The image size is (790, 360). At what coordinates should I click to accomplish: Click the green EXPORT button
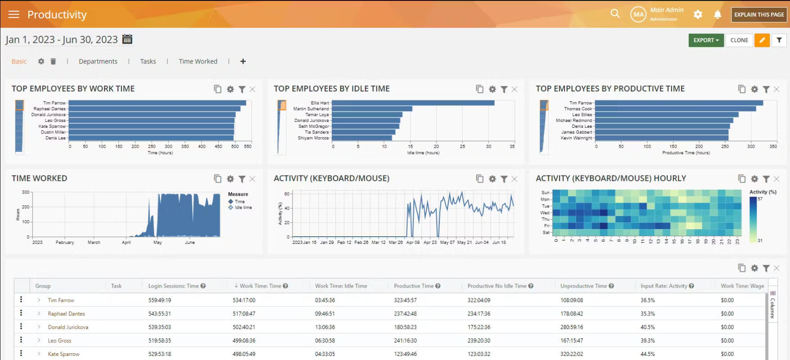click(706, 40)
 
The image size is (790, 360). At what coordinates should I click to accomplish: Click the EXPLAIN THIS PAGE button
click(759, 14)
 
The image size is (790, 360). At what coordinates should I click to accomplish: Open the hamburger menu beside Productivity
click(14, 14)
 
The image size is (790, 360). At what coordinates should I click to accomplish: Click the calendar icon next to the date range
click(127, 39)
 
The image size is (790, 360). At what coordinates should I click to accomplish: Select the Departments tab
click(98, 61)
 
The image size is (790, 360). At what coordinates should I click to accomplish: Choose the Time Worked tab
click(198, 61)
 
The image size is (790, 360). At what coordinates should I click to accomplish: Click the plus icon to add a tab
click(243, 61)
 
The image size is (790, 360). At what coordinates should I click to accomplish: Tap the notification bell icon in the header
click(718, 14)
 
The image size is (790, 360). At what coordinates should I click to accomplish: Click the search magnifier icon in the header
click(615, 14)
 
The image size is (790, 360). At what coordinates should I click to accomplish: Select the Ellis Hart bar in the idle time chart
click(413, 103)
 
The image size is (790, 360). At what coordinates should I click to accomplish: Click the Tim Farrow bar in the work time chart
click(158, 103)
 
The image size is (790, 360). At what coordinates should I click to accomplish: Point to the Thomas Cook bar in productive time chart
click(675, 109)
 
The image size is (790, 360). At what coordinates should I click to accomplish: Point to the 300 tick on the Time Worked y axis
click(26, 192)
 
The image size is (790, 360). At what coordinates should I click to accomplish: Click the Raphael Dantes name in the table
click(67, 314)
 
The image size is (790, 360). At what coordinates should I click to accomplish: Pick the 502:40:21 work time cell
click(244, 327)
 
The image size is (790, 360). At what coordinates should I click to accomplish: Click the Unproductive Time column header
click(583, 286)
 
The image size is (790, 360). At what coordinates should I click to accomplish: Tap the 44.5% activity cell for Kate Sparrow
click(648, 354)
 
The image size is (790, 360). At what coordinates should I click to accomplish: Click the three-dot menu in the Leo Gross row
click(21, 340)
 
